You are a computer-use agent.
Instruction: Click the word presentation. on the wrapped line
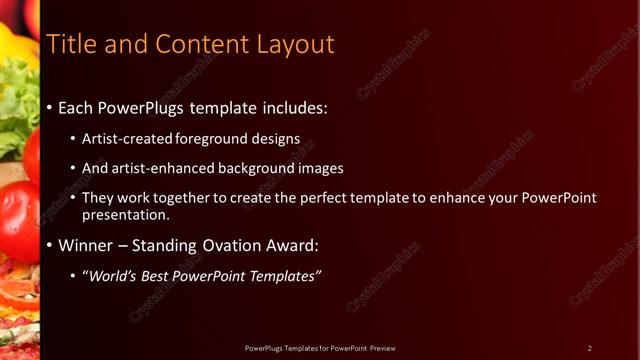click(126, 214)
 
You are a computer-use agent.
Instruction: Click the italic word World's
click(111, 275)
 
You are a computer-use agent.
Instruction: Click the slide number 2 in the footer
click(589, 347)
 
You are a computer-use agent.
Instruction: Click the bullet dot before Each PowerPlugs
click(50, 106)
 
